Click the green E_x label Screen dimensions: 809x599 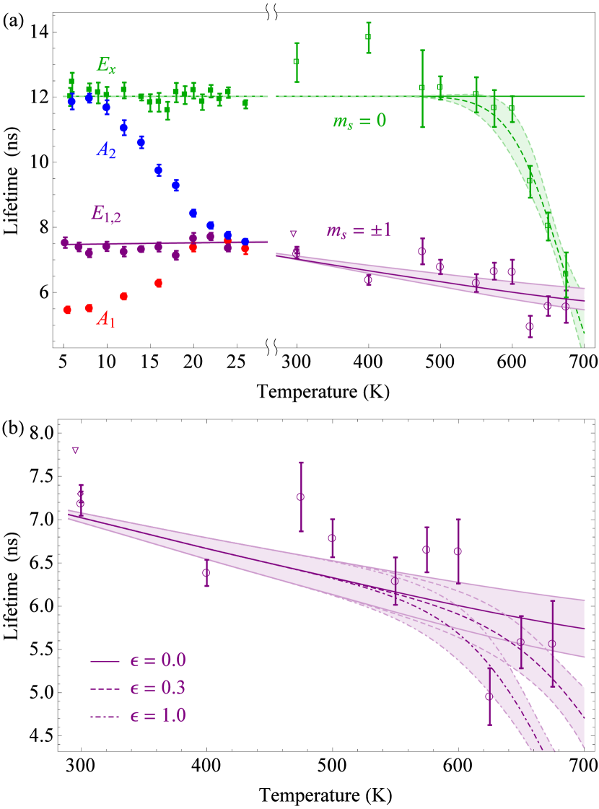point(106,65)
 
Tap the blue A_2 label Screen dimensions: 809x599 point(106,150)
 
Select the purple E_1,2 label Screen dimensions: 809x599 point(105,212)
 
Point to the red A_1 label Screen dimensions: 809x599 point(106,318)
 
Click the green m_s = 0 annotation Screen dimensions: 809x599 point(359,121)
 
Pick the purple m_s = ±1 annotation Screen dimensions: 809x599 point(359,230)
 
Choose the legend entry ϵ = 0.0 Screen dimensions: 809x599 point(138,660)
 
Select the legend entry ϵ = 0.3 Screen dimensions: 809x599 point(138,688)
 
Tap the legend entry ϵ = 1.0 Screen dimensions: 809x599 point(138,716)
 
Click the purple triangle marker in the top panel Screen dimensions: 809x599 point(293,234)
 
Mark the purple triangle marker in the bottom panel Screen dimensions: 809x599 point(75,450)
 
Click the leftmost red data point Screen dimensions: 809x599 point(67,310)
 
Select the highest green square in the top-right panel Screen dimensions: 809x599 point(368,37)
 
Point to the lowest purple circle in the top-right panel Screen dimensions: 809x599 point(530,326)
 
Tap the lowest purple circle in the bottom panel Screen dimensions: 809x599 point(489,696)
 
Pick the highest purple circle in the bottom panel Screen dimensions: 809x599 point(300,497)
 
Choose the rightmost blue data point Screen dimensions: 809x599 point(245,242)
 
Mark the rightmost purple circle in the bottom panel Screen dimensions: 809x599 point(552,644)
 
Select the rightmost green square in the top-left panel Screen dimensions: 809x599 point(245,103)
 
